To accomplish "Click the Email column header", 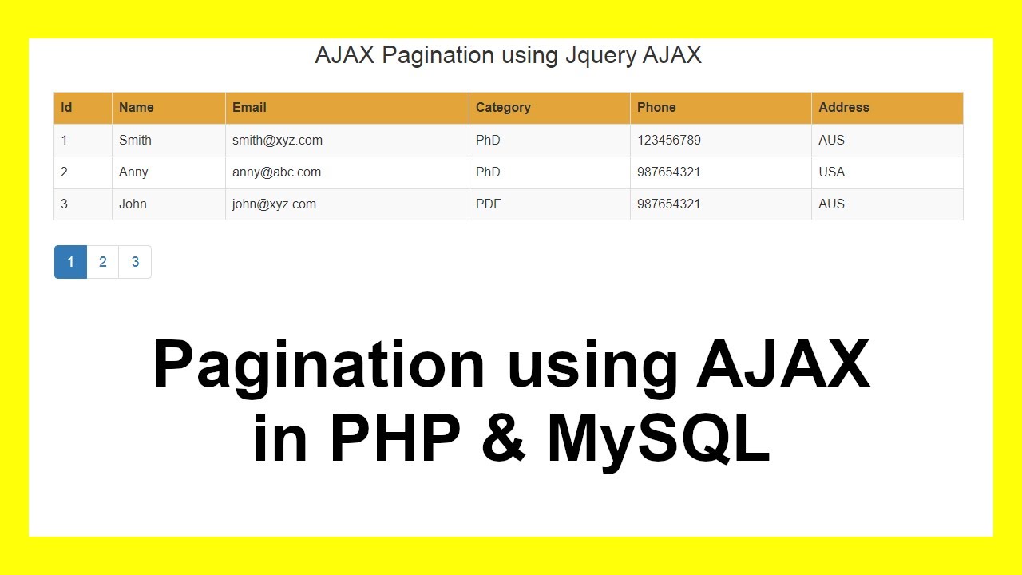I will tap(249, 108).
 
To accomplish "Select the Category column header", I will tap(503, 108).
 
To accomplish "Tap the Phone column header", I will tap(656, 108).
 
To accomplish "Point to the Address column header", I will tap(843, 108).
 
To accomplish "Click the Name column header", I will tap(136, 108).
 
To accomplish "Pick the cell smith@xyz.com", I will tap(277, 141).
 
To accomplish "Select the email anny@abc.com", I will tap(276, 172).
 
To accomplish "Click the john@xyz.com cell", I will tap(274, 204).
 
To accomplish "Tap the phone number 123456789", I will tap(668, 141).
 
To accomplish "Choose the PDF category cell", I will tap(488, 204).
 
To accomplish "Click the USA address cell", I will tap(831, 172).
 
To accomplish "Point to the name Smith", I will tap(135, 141).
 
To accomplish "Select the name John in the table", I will tap(133, 204).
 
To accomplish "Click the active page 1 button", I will tap(70, 262).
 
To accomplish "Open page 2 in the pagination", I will tap(103, 262).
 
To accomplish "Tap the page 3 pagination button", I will tap(135, 262).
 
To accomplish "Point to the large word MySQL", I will tap(658, 438).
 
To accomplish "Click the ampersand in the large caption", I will tap(504, 438).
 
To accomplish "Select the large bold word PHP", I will tap(395, 438).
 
